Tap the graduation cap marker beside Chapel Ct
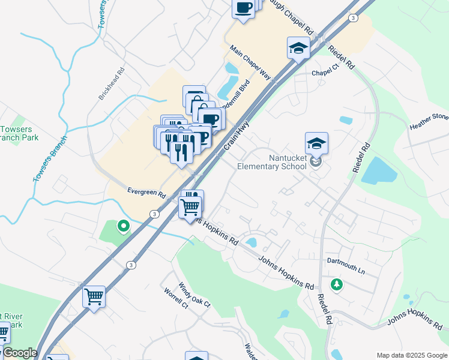click(298, 48)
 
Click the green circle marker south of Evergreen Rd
click(123, 226)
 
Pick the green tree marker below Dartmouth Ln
click(337, 284)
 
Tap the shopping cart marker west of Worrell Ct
click(94, 296)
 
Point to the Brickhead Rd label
click(113, 83)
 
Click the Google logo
click(19, 353)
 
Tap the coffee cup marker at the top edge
click(243, 8)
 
